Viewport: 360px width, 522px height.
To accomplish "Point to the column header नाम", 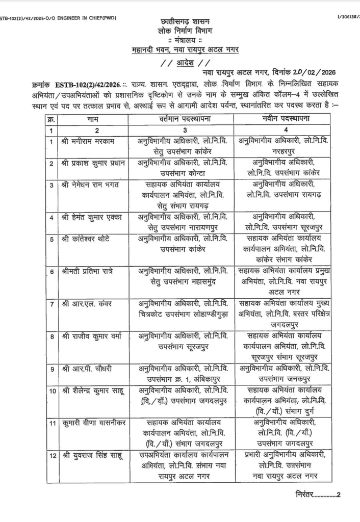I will (x=93, y=119).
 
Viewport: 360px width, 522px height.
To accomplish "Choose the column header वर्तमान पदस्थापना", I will (x=182, y=119).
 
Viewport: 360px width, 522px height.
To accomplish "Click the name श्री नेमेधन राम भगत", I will (x=90, y=185).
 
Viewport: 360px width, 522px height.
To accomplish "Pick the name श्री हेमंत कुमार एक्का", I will (x=92, y=218).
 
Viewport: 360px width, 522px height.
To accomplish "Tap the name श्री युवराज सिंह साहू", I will (x=92, y=456).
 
